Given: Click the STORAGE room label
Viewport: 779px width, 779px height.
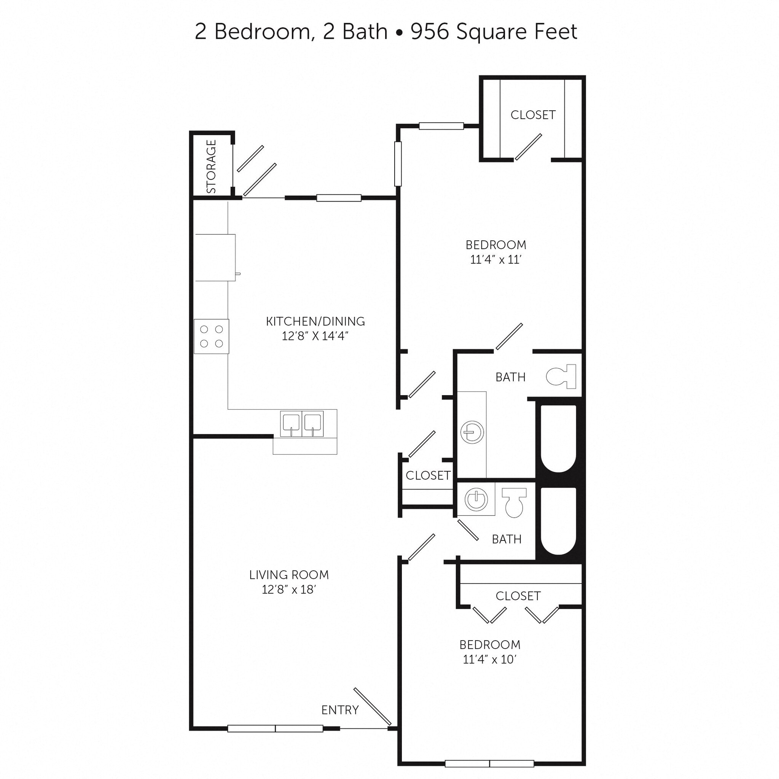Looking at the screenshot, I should click(x=211, y=166).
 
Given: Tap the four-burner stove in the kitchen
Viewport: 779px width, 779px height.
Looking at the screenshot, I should click(x=211, y=336).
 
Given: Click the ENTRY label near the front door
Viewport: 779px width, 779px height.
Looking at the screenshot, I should click(x=340, y=710).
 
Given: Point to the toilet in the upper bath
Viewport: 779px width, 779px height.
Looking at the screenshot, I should click(x=561, y=376).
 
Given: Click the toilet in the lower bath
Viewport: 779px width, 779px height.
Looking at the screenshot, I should click(x=514, y=502).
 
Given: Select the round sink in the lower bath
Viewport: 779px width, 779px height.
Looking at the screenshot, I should click(x=476, y=499).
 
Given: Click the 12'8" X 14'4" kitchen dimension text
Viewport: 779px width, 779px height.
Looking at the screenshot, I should click(x=315, y=336).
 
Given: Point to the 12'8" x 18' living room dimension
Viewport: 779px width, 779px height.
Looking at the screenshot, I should click(x=289, y=590).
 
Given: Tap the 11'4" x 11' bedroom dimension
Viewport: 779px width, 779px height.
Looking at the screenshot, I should click(x=496, y=259).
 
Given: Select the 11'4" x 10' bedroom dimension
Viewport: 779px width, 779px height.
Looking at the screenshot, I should click(x=490, y=659).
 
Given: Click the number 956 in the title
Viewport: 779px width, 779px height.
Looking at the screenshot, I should click(x=430, y=32).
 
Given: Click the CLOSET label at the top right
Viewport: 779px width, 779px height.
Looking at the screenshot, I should click(x=533, y=115).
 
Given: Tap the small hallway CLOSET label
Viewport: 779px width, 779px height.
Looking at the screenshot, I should click(x=428, y=475).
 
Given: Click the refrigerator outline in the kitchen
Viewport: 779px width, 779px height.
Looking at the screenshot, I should click(x=215, y=257).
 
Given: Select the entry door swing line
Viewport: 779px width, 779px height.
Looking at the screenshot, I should click(x=372, y=706).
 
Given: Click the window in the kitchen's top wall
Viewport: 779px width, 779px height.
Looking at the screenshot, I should click(x=338, y=197).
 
